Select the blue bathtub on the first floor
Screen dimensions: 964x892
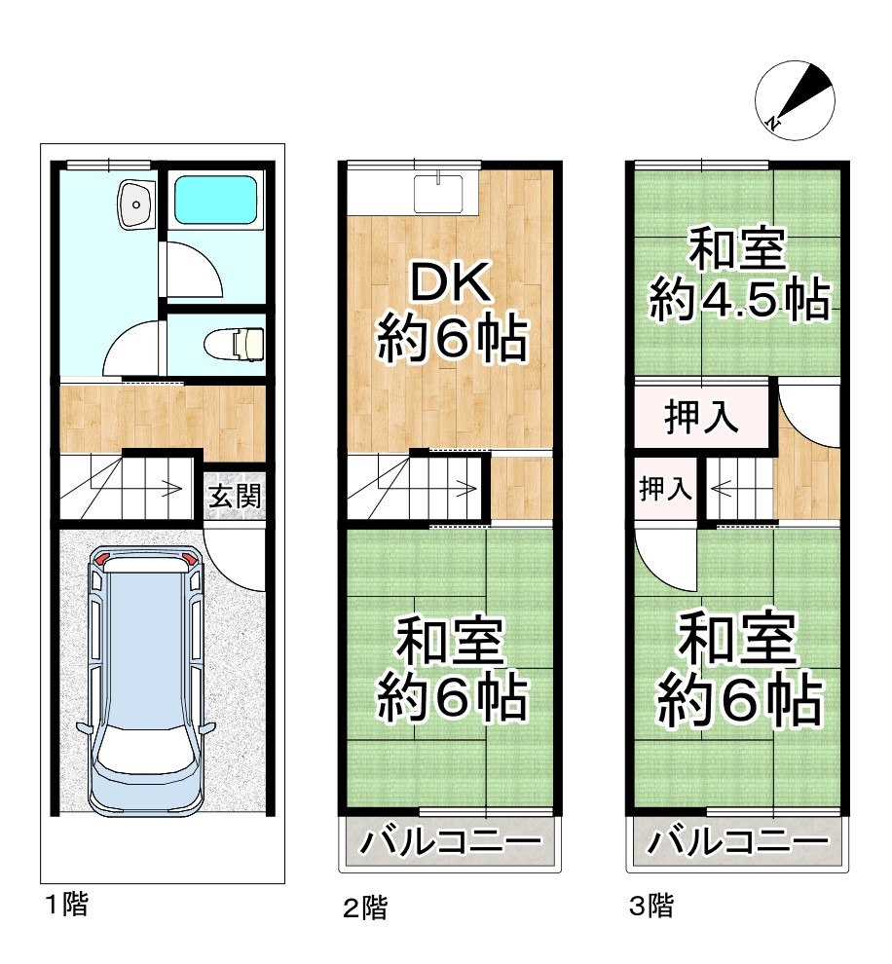(x=217, y=202)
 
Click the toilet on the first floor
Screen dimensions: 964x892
(x=237, y=343)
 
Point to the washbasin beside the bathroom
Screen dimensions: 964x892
(x=133, y=203)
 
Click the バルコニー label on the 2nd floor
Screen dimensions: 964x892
(x=451, y=841)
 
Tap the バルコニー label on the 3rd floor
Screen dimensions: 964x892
(x=737, y=841)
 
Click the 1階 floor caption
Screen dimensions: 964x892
(x=66, y=905)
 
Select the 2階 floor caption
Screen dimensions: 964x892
(x=365, y=908)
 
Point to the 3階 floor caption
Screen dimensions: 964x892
(x=650, y=907)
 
